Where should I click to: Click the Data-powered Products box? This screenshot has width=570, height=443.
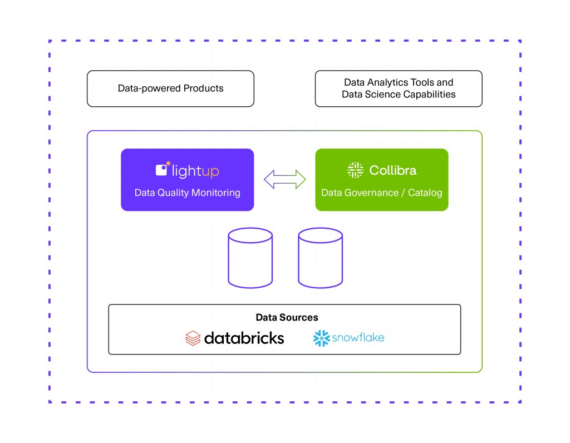[170, 88]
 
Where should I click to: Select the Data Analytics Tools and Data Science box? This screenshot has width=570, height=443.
[398, 88]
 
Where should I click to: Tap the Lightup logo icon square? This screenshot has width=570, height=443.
[162, 170]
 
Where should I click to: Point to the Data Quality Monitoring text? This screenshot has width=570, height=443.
[187, 193]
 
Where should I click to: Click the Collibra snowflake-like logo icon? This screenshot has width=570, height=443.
[355, 170]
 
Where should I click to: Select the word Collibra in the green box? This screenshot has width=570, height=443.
[392, 170]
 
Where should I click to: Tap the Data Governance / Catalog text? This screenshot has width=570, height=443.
[381, 193]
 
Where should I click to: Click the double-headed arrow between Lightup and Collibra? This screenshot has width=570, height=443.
[284, 179]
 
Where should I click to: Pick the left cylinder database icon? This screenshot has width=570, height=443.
[250, 259]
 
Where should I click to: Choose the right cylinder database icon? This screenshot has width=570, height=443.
[320, 259]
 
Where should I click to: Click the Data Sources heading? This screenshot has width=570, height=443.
[287, 317]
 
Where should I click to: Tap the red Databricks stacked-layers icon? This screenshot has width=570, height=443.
[193, 338]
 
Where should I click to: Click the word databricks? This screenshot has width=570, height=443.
[244, 338]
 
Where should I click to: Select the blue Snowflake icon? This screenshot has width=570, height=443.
[321, 338]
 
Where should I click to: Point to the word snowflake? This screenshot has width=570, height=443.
[358, 337]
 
